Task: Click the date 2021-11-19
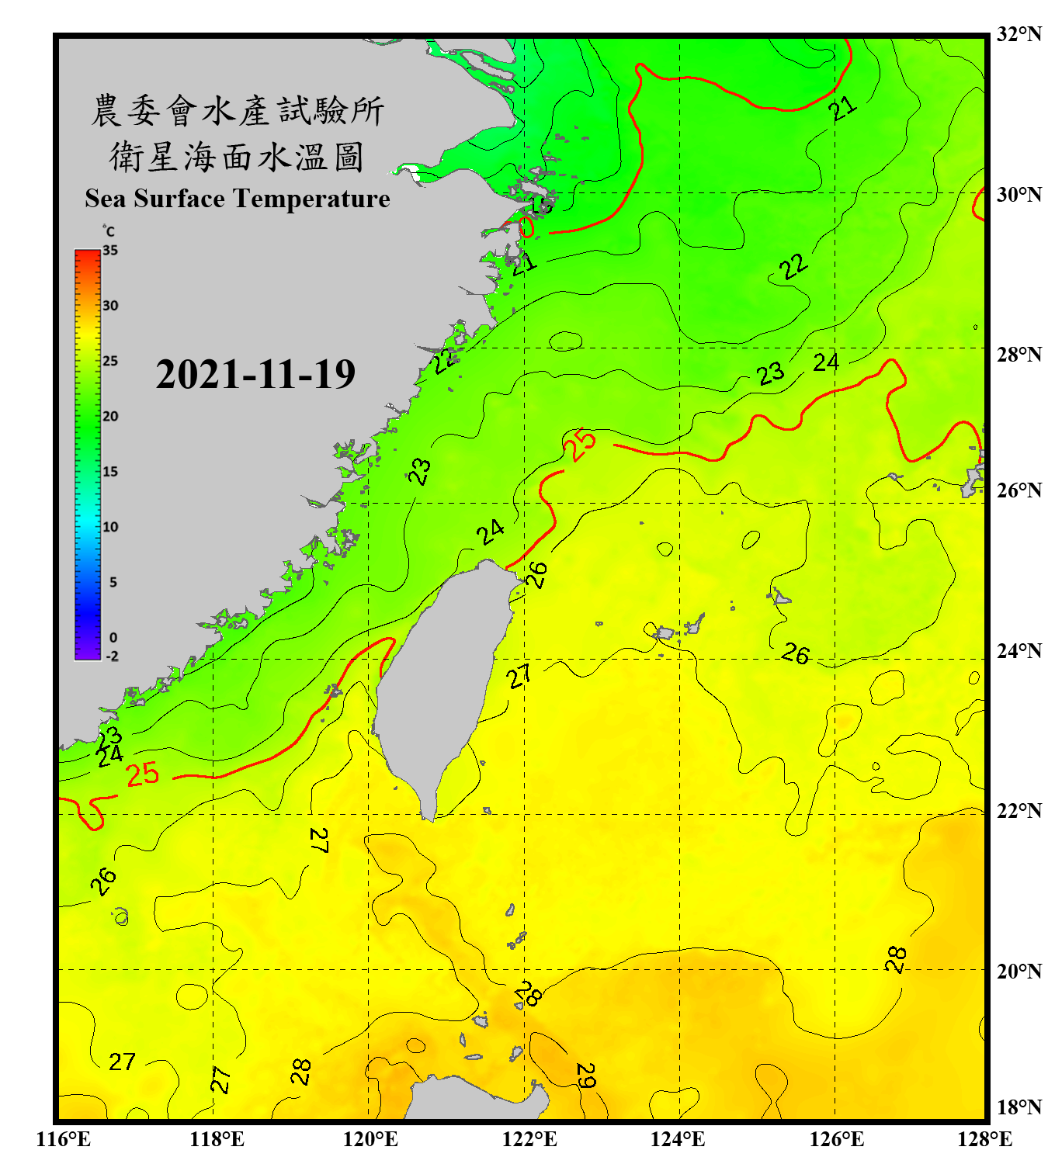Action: pyautogui.click(x=255, y=375)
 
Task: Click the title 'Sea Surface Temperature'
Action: pyautogui.click(x=238, y=199)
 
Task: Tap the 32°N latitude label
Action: pyautogui.click(x=1019, y=34)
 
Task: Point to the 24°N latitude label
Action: pyautogui.click(x=1019, y=650)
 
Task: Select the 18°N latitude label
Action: pyautogui.click(x=1019, y=1107)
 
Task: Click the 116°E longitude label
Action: pyautogui.click(x=64, y=1139)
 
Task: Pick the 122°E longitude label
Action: pyautogui.click(x=529, y=1139)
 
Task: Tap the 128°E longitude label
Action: pyautogui.click(x=984, y=1139)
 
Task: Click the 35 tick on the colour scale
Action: pyautogui.click(x=110, y=250)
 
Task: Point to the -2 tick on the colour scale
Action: pyautogui.click(x=112, y=656)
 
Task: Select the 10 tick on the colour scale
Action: pyautogui.click(x=110, y=527)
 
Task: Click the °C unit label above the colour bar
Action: pyautogui.click(x=109, y=231)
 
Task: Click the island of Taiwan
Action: pyautogui.click(x=442, y=683)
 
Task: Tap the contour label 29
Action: pyautogui.click(x=586, y=1075)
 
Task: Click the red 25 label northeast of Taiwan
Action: pyautogui.click(x=580, y=445)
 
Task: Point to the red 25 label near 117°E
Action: pyautogui.click(x=143, y=774)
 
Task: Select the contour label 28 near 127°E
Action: pyautogui.click(x=896, y=959)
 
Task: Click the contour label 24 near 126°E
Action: pyautogui.click(x=826, y=362)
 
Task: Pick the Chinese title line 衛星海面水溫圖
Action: pyautogui.click(x=237, y=157)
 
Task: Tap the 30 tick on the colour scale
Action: pyautogui.click(x=110, y=306)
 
